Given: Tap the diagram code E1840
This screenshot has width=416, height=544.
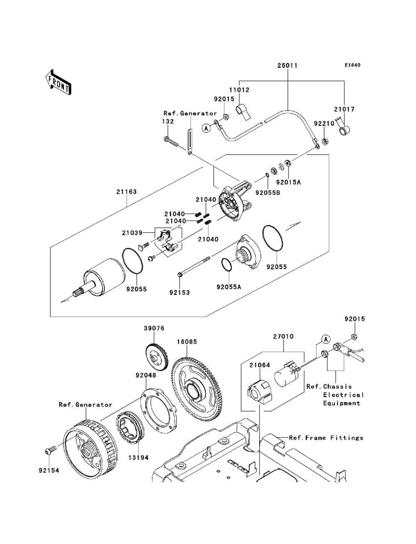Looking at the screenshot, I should (352, 66).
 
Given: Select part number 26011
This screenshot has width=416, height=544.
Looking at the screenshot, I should (288, 66).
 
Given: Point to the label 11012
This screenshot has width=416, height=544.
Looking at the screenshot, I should (250, 89).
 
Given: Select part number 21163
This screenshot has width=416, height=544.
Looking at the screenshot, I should (127, 192).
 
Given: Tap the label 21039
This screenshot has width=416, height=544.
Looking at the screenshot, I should (132, 233).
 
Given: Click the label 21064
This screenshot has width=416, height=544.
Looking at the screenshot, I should (260, 365).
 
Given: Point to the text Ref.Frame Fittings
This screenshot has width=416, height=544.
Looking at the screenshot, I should (326, 438).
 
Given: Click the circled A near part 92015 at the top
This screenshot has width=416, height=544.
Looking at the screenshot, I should (206, 128).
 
